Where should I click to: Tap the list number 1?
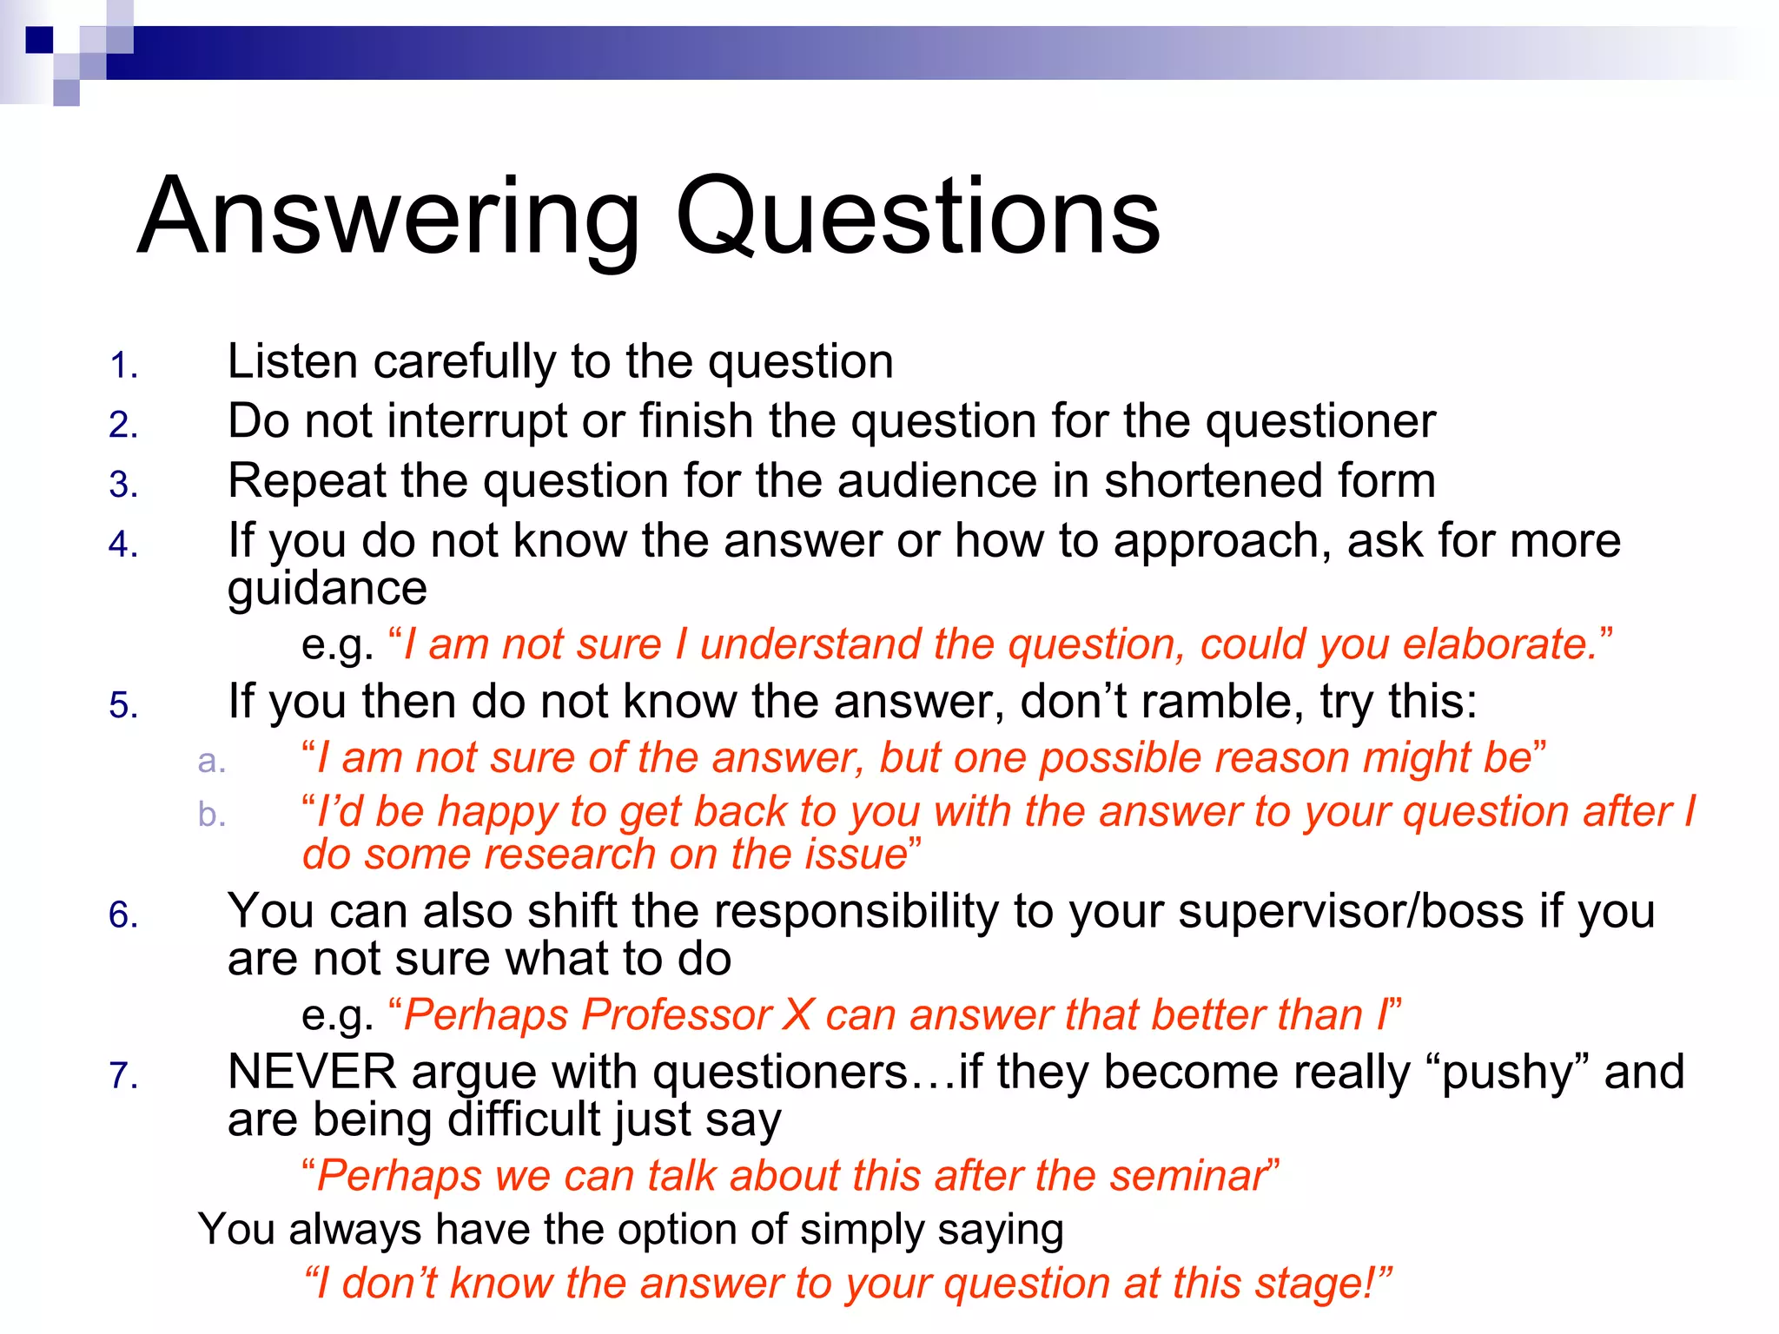pyautogui.click(x=122, y=366)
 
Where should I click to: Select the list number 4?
pyautogui.click(x=122, y=545)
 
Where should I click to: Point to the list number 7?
pyautogui.click(x=122, y=1076)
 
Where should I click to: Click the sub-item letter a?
pyautogui.click(x=211, y=762)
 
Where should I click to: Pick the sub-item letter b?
pyautogui.click(x=211, y=815)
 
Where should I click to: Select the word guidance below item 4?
pyautogui.click(x=327, y=589)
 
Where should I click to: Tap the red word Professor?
pyautogui.click(x=677, y=1015)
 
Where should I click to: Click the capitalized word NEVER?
pyautogui.click(x=312, y=1073)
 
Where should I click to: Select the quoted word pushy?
pyautogui.click(x=1507, y=1074)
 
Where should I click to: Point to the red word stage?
pyautogui.click(x=1317, y=1284)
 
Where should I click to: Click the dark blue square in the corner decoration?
pyautogui.click(x=39, y=40)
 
